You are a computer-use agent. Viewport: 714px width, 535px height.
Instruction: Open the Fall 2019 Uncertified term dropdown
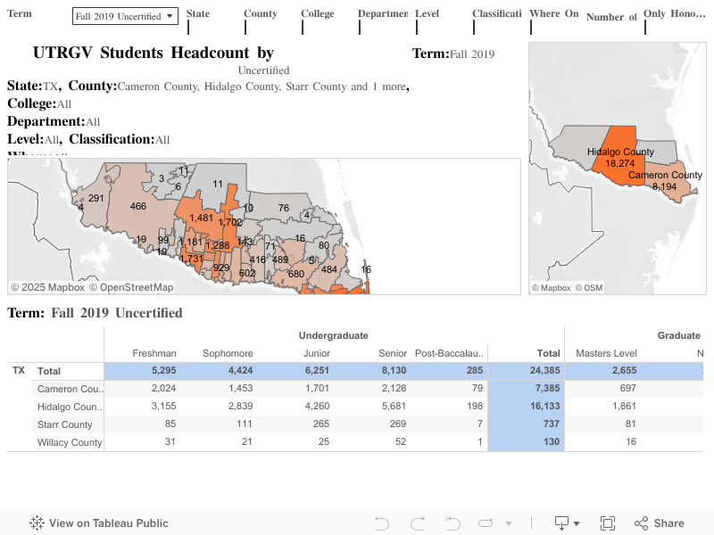(125, 16)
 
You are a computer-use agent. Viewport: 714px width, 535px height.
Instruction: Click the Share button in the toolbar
(660, 523)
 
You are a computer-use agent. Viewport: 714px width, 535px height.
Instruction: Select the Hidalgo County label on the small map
(620, 152)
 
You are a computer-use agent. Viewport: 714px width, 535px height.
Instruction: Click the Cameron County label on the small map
(665, 175)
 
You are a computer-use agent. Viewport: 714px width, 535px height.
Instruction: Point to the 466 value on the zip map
(138, 206)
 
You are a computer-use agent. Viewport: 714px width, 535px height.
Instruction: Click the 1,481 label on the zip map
(202, 218)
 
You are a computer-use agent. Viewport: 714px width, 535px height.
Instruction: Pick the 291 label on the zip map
(96, 198)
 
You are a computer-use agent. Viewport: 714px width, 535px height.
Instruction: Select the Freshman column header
(154, 353)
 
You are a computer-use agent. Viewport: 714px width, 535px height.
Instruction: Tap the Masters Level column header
(606, 353)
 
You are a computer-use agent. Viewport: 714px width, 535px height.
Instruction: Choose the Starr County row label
(64, 424)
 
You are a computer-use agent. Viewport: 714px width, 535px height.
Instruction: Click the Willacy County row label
(70, 442)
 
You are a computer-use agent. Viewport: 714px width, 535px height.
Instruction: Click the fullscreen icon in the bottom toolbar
(608, 523)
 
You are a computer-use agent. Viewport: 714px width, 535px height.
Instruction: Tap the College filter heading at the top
(318, 14)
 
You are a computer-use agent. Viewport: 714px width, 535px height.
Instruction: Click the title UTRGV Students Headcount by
(153, 53)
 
